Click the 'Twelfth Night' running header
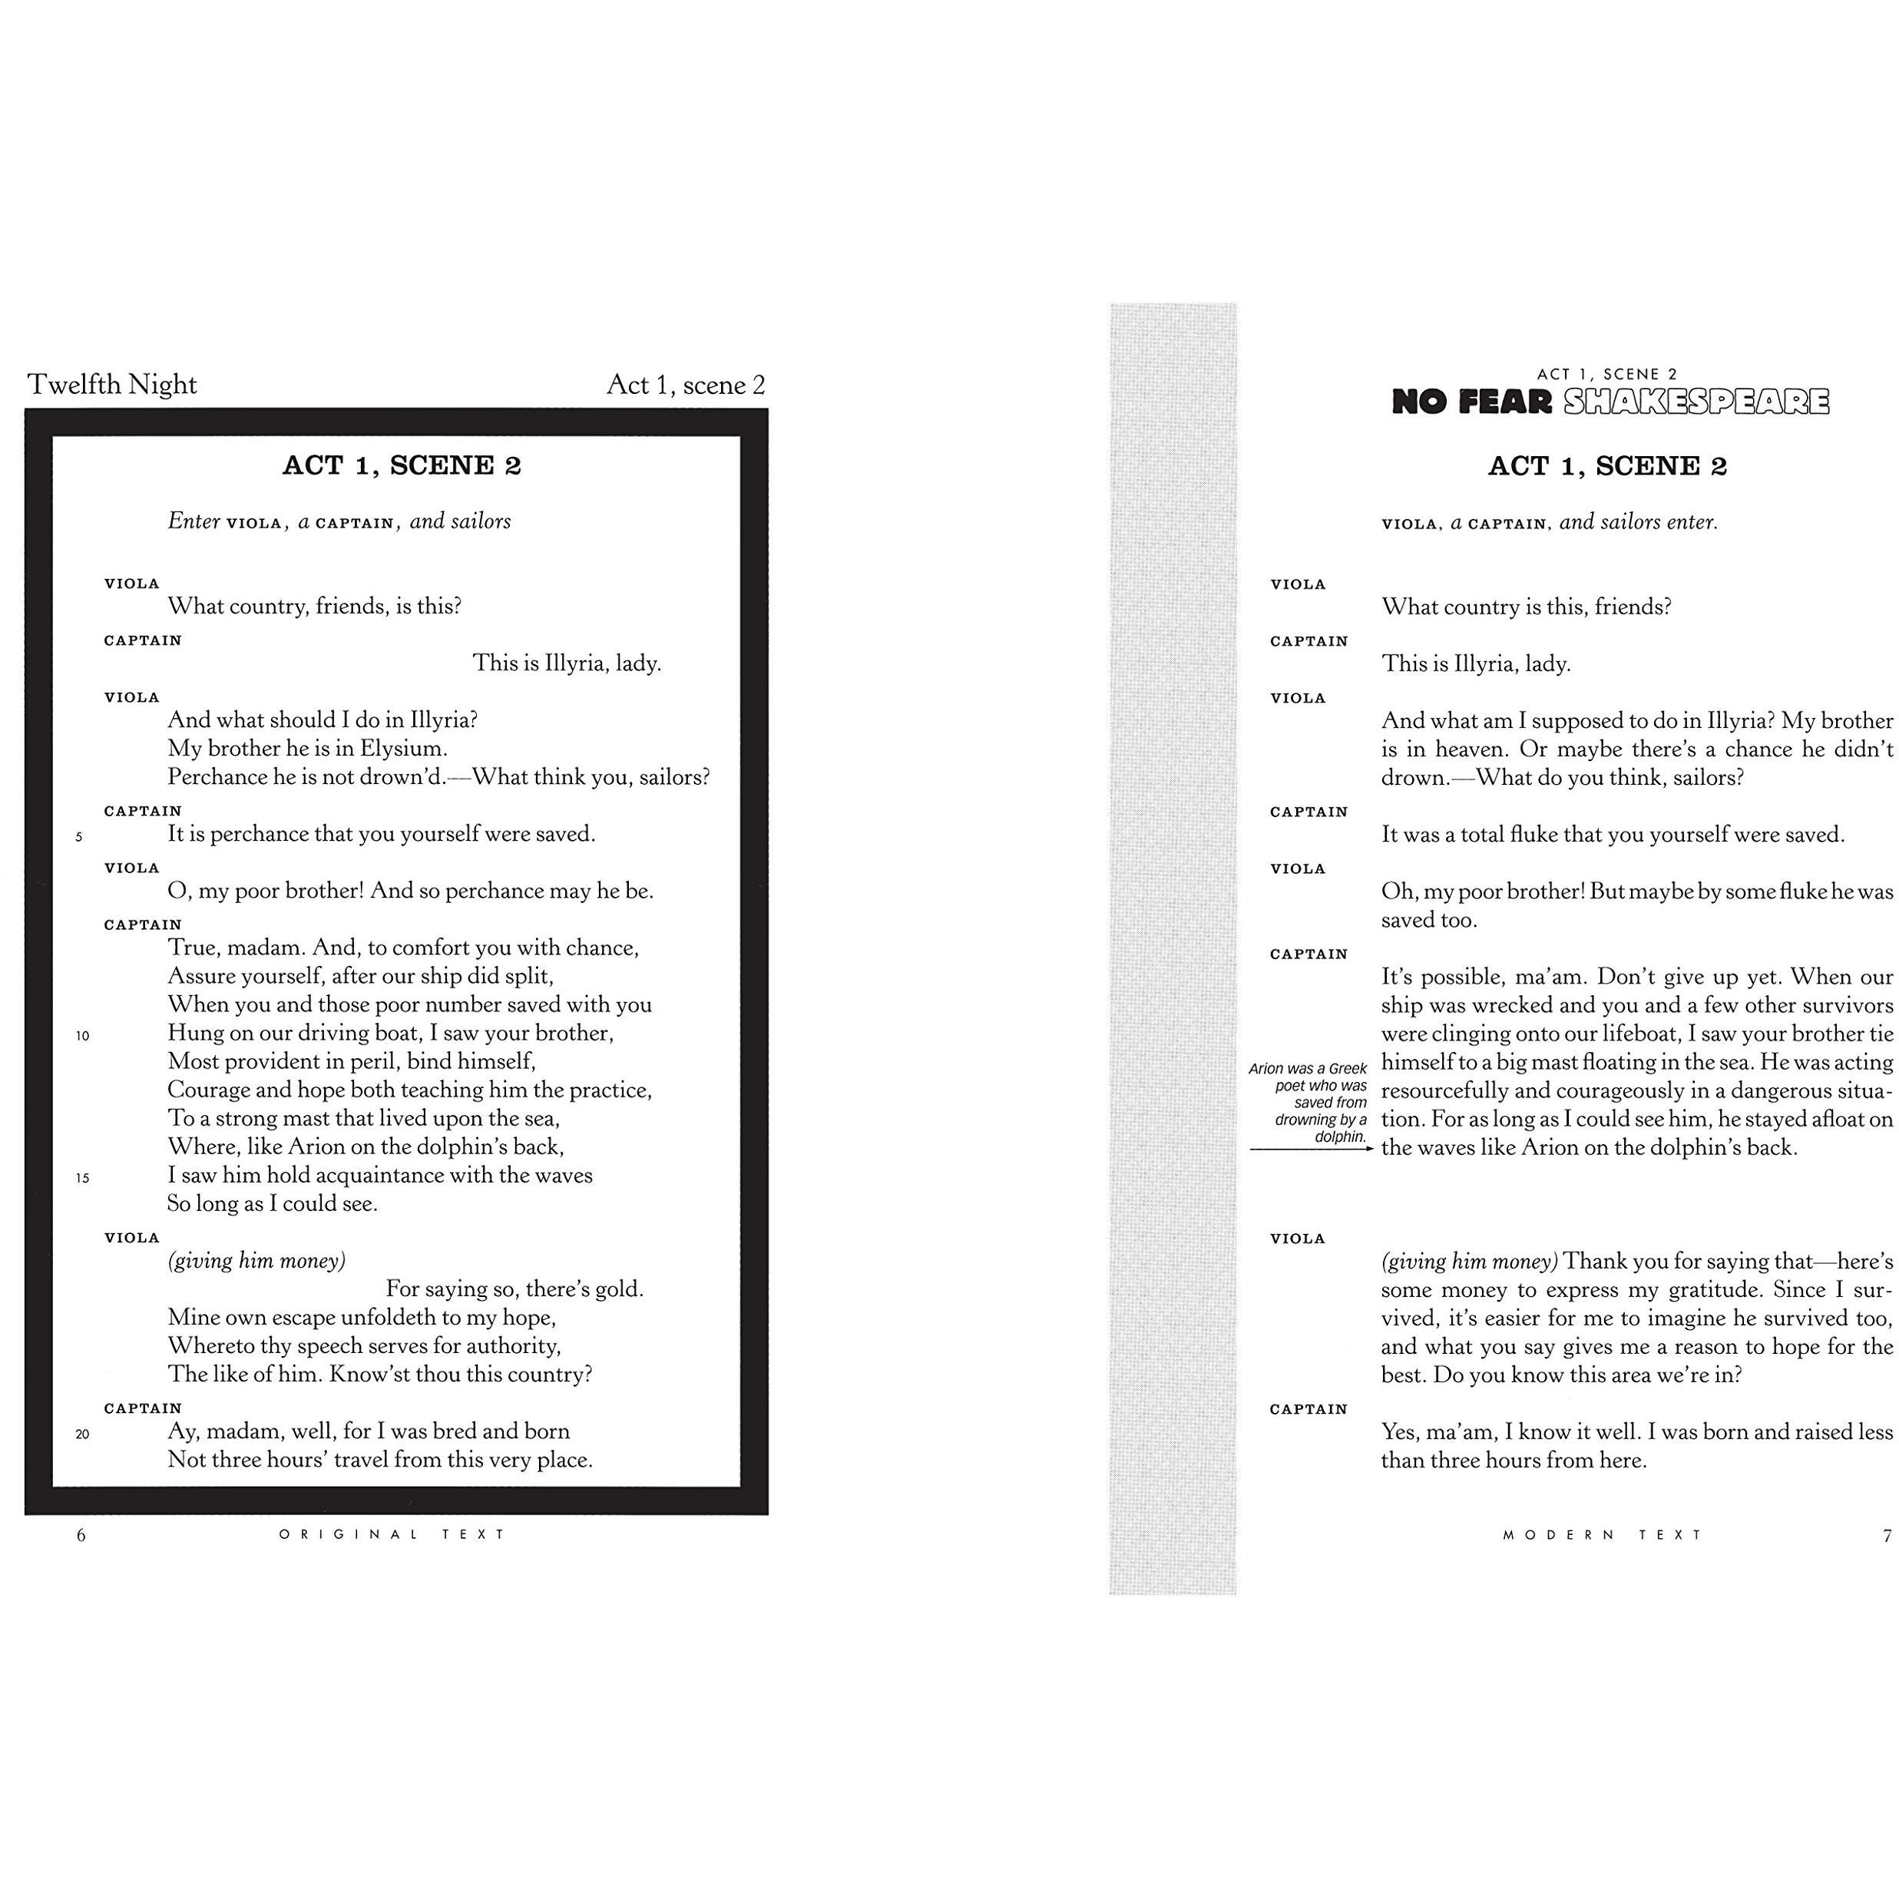pyautogui.click(x=112, y=384)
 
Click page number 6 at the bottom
pyautogui.click(x=81, y=1535)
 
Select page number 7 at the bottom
pyautogui.click(x=1886, y=1535)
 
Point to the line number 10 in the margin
pyautogui.click(x=83, y=1036)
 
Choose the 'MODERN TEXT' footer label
pyautogui.click(x=1602, y=1534)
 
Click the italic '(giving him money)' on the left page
pyautogui.click(x=256, y=1261)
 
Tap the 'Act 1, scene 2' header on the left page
pyautogui.click(x=685, y=384)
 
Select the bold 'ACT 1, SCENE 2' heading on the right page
pyautogui.click(x=1607, y=466)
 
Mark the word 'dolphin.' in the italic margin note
pyautogui.click(x=1341, y=1137)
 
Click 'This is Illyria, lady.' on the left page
pyautogui.click(x=566, y=663)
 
